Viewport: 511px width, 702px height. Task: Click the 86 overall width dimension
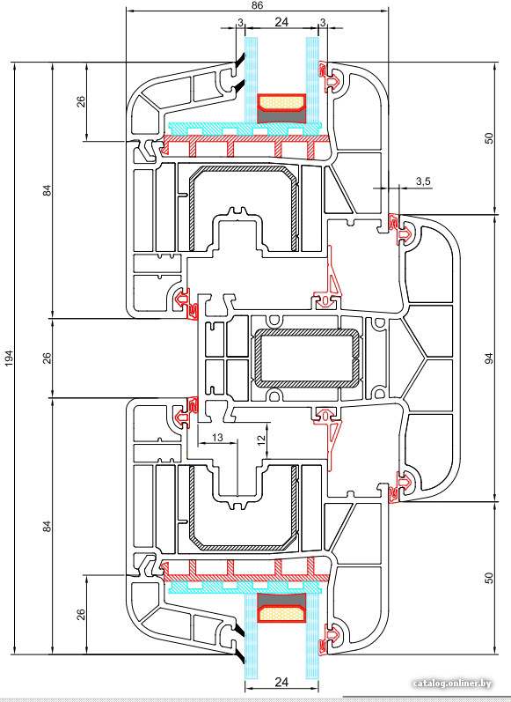(x=257, y=5)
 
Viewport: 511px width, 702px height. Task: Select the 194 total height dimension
(x=10, y=358)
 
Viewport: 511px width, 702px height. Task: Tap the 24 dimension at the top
(x=281, y=22)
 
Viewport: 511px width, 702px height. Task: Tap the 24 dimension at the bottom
(x=281, y=683)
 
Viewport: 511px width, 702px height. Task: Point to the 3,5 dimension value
(x=422, y=181)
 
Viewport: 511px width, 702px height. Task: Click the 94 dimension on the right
(x=489, y=358)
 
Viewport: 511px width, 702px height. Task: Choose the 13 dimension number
(x=217, y=438)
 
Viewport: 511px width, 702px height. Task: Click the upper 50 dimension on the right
(x=489, y=138)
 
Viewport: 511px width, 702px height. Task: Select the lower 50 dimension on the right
(x=489, y=578)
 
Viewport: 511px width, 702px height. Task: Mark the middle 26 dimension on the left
(x=47, y=358)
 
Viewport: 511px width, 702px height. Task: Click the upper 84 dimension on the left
(x=47, y=190)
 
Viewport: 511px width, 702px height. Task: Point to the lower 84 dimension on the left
(x=47, y=526)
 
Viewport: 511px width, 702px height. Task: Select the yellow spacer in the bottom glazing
(x=281, y=613)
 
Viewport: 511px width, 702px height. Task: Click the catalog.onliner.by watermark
(x=452, y=684)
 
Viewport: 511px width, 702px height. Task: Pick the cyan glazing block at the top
(x=245, y=128)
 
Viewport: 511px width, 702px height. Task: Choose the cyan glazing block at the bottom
(x=245, y=587)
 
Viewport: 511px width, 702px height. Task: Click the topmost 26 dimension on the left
(x=82, y=102)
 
